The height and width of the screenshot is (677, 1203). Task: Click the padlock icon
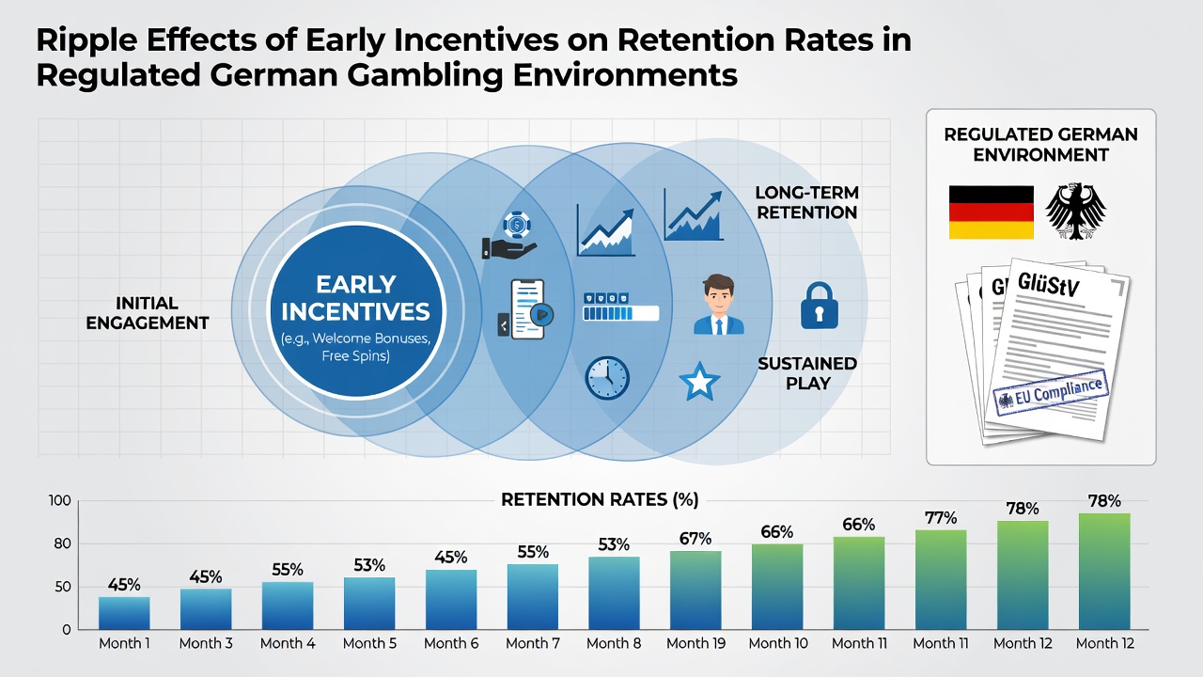click(819, 306)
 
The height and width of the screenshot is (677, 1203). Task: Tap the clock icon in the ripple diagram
click(607, 378)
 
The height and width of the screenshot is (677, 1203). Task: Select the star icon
click(699, 382)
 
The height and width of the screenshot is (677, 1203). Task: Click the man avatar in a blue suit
click(719, 304)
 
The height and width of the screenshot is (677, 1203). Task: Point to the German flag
click(992, 213)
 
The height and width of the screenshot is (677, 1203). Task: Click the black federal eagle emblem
click(1076, 211)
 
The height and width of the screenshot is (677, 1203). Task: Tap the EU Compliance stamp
click(1051, 393)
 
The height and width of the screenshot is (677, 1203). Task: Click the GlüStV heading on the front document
click(1048, 285)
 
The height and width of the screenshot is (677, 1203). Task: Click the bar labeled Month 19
click(695, 590)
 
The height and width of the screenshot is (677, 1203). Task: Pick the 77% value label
click(941, 518)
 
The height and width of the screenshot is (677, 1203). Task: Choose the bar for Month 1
click(124, 613)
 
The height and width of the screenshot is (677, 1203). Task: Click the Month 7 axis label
click(533, 643)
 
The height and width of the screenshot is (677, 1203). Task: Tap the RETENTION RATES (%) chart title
click(600, 499)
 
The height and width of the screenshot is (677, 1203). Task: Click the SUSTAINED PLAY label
click(807, 373)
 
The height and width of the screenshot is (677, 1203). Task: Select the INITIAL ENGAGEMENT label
click(148, 313)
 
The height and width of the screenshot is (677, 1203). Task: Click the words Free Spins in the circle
click(355, 355)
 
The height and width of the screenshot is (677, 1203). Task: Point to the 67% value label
click(695, 539)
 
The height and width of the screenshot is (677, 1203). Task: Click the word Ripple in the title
click(86, 40)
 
